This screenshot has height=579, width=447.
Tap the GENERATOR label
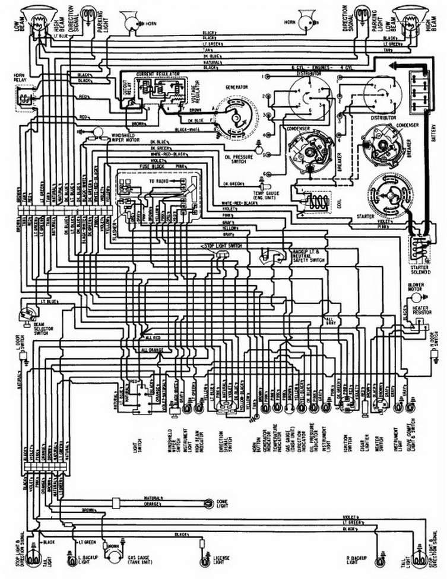click(236, 87)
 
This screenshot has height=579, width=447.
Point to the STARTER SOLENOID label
click(420, 270)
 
